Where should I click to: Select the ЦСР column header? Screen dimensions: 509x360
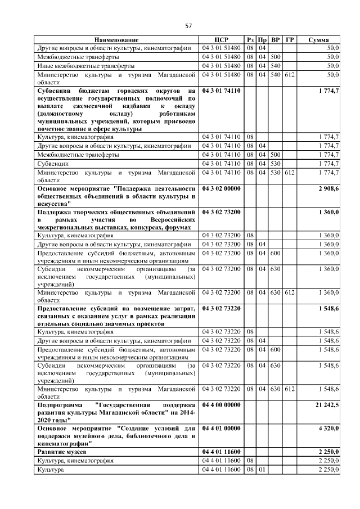pos(220,40)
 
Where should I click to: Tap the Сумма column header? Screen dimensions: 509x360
pos(319,40)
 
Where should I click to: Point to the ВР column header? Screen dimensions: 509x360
pos(275,40)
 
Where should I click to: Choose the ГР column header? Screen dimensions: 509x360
pos(289,40)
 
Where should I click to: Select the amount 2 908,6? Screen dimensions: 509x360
pos(328,189)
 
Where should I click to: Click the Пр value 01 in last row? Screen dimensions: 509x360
pos(262,469)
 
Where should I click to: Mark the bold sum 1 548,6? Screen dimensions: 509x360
pos(328,309)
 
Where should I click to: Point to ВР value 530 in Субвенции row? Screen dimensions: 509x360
pos(275,163)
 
